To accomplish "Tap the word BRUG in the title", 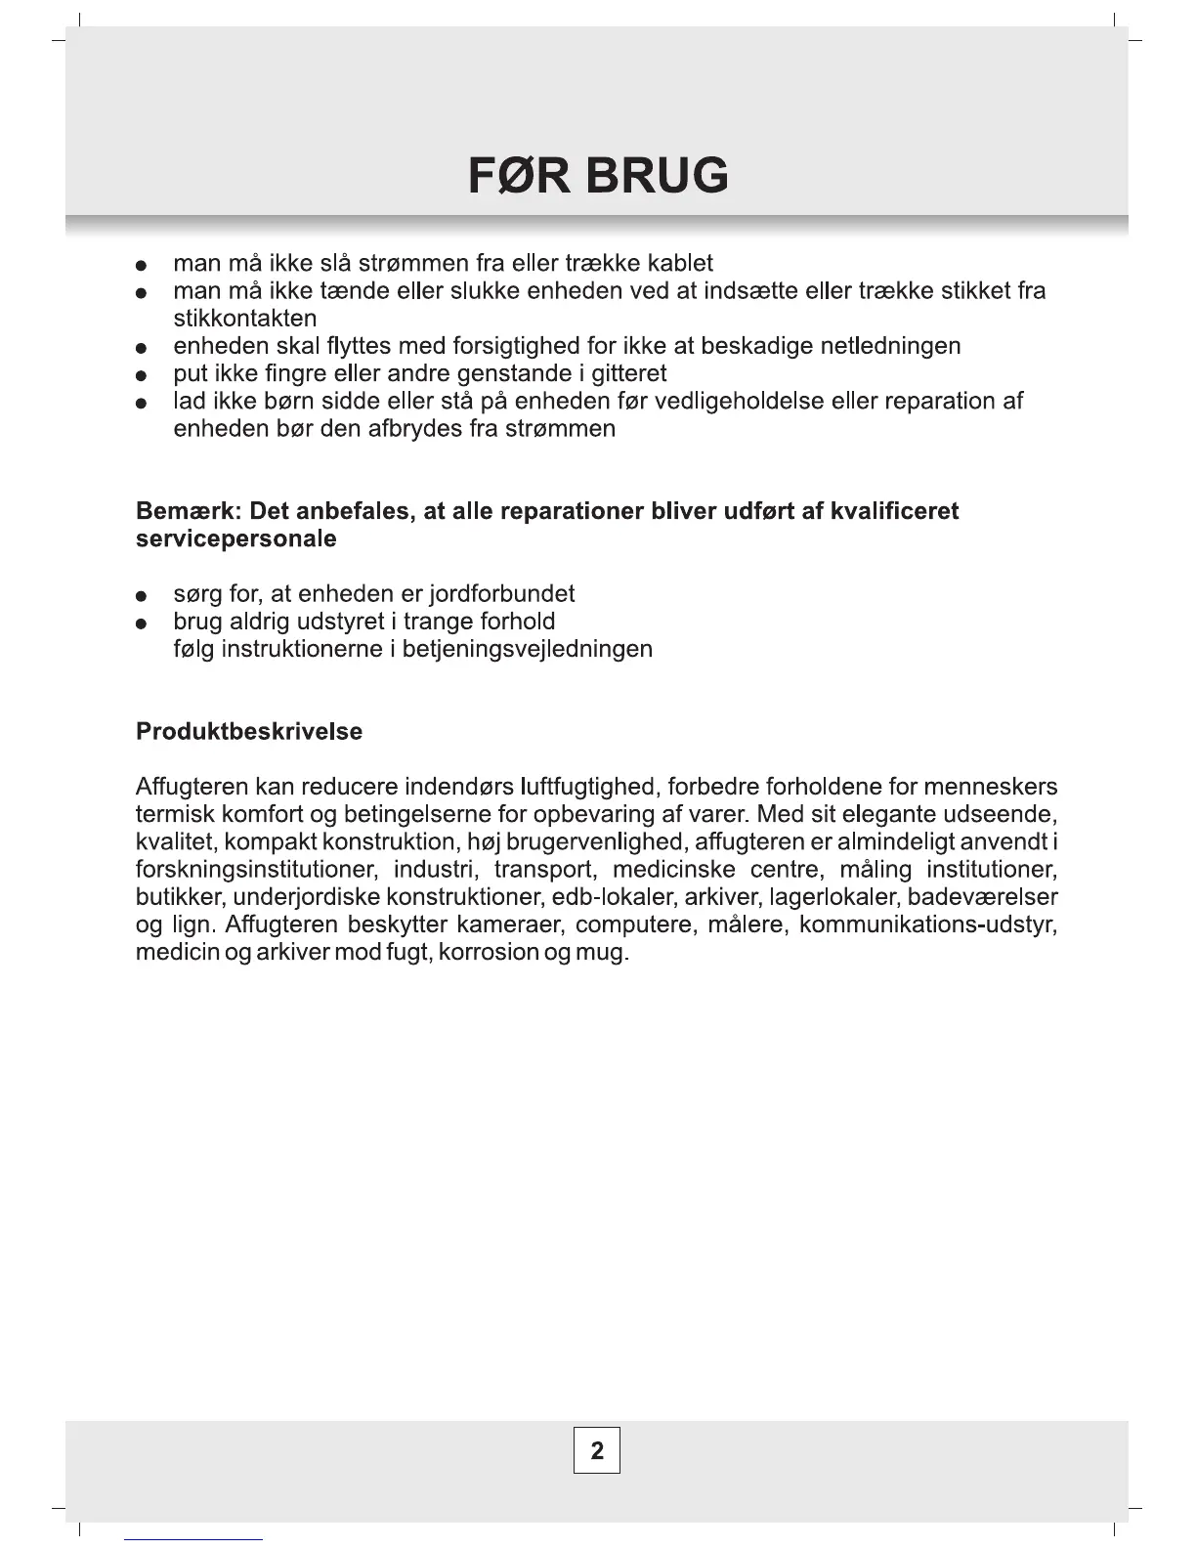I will pyautogui.click(x=657, y=176).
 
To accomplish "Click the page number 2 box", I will pyautogui.click(x=597, y=1450).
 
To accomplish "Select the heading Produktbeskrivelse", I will pyautogui.click(x=249, y=732).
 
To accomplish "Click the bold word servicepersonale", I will pyautogui.click(x=236, y=539).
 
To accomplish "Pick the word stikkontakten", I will pyautogui.click(x=244, y=319).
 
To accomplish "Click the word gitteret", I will pyautogui.click(x=629, y=373).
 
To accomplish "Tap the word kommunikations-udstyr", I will pyautogui.click(x=928, y=924).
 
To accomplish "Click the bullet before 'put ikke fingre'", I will pyautogui.click(x=142, y=375).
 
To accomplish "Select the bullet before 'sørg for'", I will pyautogui.click(x=142, y=596).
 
